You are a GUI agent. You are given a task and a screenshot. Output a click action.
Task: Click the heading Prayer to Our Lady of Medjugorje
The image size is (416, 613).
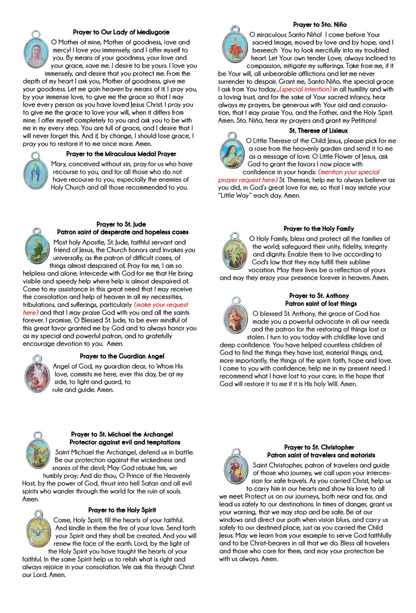[x=121, y=32]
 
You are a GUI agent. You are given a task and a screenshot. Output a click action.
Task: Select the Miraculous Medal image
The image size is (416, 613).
[x=35, y=172]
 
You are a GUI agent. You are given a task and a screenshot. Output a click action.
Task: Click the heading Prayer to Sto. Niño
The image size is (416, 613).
[x=320, y=25]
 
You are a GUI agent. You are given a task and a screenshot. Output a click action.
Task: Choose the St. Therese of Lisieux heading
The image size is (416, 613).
[x=318, y=131]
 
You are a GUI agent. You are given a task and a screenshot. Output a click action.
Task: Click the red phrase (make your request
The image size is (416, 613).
[x=161, y=305]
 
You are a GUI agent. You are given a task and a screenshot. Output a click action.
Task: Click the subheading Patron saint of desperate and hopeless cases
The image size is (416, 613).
[x=123, y=232]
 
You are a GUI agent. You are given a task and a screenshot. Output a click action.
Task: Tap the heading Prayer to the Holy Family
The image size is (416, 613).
[x=319, y=229]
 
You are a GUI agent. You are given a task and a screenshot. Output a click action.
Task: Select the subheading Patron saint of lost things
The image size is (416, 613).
[x=321, y=304]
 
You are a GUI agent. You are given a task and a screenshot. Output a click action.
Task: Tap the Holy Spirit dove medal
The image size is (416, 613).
[x=38, y=531]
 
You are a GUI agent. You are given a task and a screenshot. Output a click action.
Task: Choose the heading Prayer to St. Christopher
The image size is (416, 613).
[x=319, y=447]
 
